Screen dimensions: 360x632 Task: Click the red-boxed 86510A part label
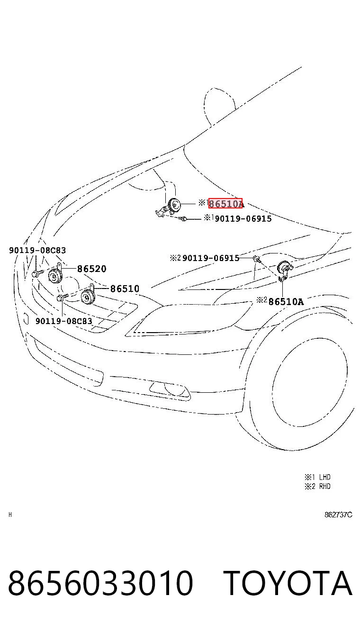click(225, 203)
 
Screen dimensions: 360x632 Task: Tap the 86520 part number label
click(92, 269)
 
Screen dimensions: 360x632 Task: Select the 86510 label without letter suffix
click(125, 289)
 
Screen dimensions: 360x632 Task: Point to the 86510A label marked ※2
click(286, 302)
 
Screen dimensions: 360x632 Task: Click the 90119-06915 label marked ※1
click(243, 219)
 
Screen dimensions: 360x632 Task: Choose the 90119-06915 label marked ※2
click(211, 258)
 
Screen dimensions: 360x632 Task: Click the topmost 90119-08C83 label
click(37, 250)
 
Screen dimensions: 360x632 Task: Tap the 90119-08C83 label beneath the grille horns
click(64, 321)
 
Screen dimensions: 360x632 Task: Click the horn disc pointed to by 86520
click(54, 276)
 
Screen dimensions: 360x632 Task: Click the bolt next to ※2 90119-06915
click(257, 259)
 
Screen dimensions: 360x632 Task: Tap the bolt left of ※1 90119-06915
click(183, 219)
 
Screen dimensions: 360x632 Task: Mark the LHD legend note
click(317, 477)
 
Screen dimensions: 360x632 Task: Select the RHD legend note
click(317, 486)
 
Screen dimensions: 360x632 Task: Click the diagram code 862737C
click(338, 515)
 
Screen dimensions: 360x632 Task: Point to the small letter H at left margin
click(10, 515)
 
